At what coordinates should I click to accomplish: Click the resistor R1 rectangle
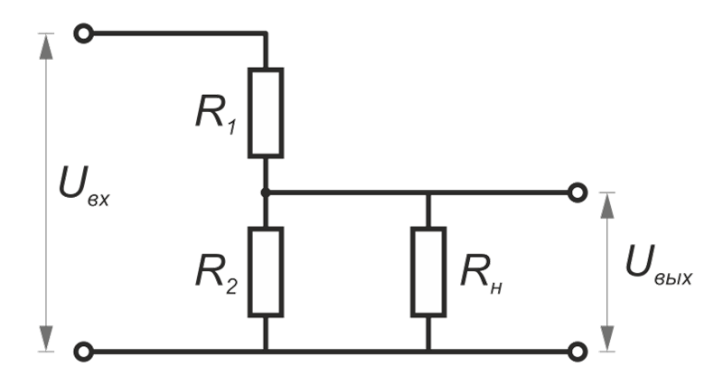point(266,111)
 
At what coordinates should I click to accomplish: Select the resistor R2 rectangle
point(266,272)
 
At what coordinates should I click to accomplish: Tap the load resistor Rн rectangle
point(428,272)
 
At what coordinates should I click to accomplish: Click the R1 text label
point(215,111)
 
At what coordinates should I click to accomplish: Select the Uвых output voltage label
point(658,267)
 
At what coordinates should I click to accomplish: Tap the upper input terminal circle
point(84,34)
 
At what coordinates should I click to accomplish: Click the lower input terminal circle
point(84,350)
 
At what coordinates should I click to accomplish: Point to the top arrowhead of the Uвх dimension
point(43,43)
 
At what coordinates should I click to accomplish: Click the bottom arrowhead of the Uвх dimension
point(43,341)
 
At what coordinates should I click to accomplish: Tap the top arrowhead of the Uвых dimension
point(607,204)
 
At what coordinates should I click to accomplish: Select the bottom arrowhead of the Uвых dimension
point(607,339)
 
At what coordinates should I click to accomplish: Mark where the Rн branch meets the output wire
point(428,192)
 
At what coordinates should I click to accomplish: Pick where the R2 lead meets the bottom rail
point(266,350)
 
